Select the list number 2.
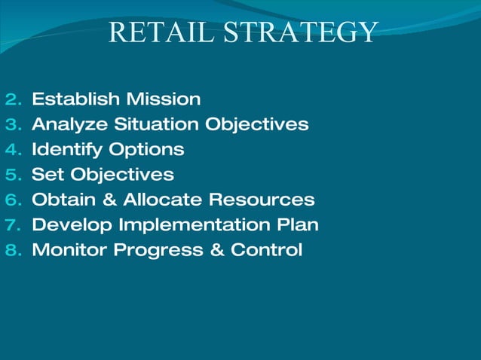(14, 99)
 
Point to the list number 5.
(14, 175)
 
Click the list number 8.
(14, 250)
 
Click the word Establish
(75, 99)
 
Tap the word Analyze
(69, 124)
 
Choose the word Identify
(66, 150)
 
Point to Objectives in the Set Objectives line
(118, 175)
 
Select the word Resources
(261, 200)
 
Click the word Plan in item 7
(299, 224)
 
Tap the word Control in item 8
(266, 250)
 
